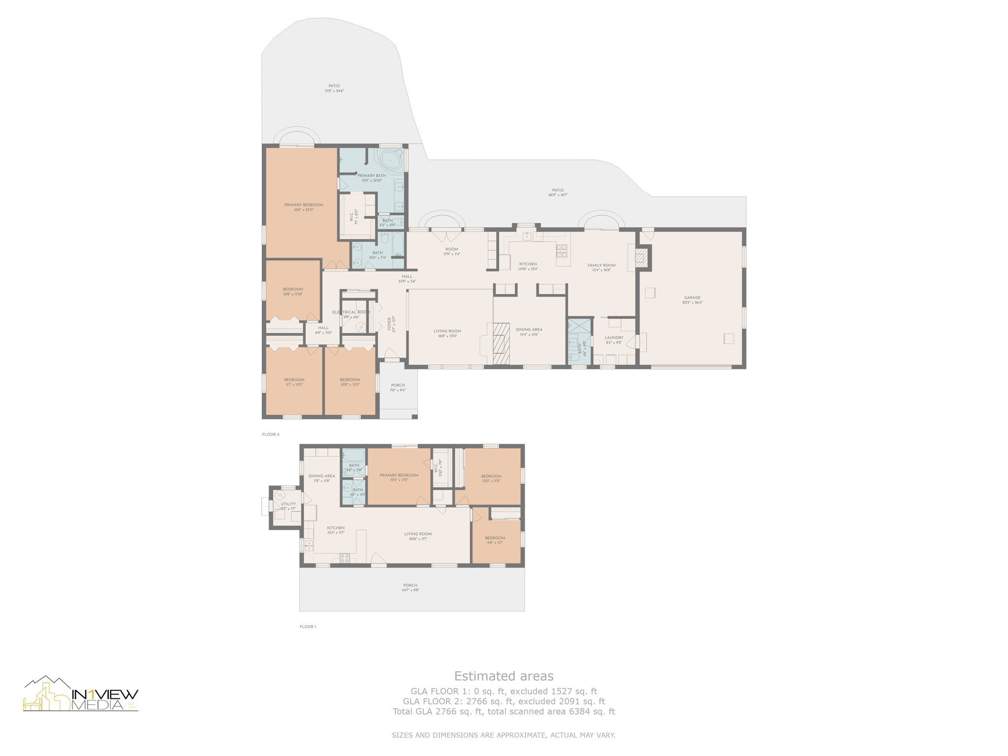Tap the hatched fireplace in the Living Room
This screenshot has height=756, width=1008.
[501, 343]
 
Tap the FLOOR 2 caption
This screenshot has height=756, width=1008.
[271, 434]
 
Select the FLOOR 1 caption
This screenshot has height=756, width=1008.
[308, 627]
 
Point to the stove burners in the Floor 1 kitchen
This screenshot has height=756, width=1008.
[345, 558]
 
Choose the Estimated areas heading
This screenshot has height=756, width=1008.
[504, 676]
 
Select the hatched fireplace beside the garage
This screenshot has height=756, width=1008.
[640, 257]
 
